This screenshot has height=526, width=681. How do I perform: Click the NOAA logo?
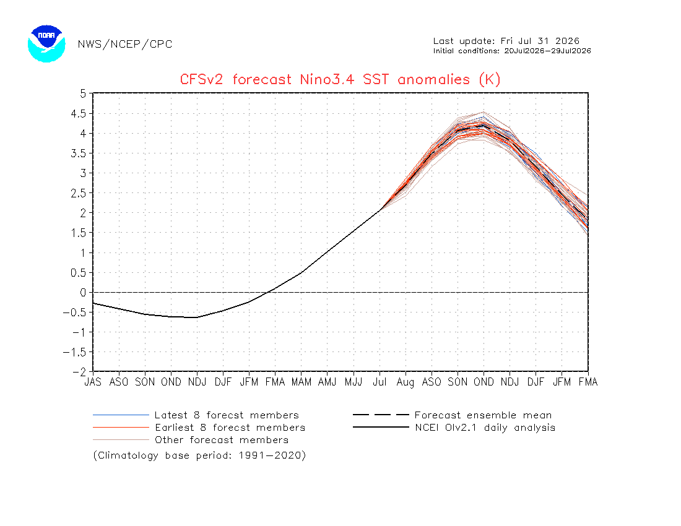(46, 43)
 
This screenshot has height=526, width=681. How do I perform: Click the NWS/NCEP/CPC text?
(125, 45)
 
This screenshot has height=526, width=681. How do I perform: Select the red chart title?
(340, 79)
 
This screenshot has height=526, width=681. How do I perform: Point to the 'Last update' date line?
(506, 41)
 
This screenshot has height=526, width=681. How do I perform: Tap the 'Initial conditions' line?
(512, 51)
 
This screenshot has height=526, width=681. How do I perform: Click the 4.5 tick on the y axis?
(79, 114)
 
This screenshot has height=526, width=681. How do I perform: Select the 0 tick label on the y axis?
(84, 293)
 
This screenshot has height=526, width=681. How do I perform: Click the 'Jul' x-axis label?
(380, 382)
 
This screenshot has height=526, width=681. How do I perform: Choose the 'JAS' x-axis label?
(93, 382)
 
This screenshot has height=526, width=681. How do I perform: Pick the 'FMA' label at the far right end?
(588, 382)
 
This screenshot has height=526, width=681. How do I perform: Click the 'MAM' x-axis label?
(301, 382)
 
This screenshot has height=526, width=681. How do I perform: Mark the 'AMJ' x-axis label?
(327, 382)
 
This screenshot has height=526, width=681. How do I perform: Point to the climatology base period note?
(199, 455)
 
